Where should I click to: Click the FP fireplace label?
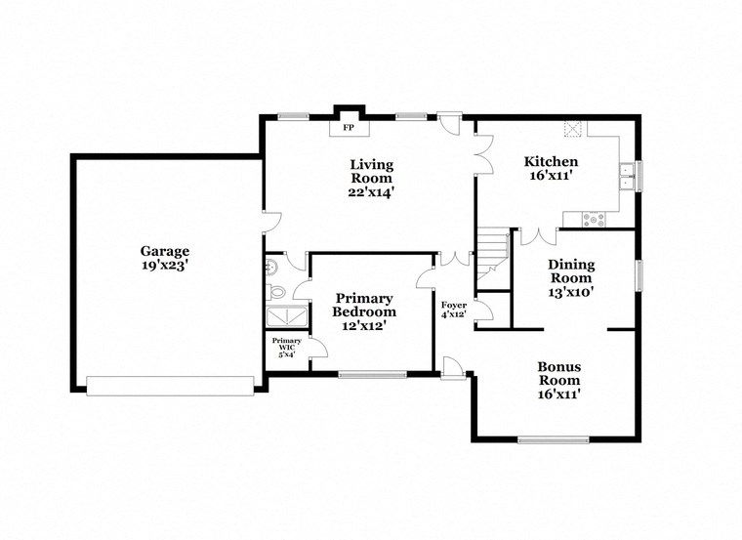click(x=348, y=127)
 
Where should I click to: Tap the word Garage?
click(x=163, y=250)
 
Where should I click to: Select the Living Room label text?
click(x=372, y=171)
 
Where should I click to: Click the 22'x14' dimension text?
click(x=372, y=192)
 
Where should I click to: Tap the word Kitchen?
click(x=551, y=161)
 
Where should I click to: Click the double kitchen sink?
click(x=625, y=174)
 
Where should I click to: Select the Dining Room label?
click(x=570, y=270)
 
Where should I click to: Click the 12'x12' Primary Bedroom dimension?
click(x=364, y=325)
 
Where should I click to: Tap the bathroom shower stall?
click(x=285, y=315)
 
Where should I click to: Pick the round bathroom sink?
click(x=270, y=264)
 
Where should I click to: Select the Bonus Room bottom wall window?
click(x=553, y=438)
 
